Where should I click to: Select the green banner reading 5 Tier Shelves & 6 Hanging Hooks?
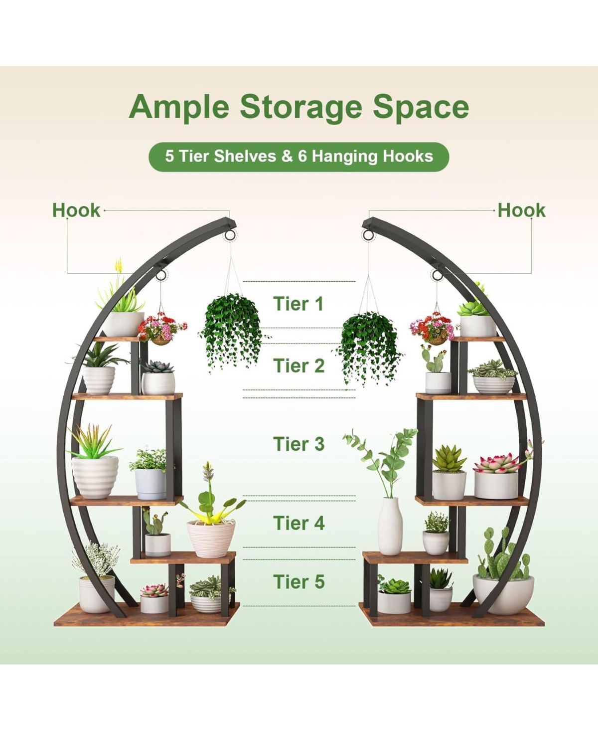point(299,157)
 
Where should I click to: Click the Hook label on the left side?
point(76,210)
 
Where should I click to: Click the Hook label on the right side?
point(521,210)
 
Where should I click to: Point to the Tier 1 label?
point(299,304)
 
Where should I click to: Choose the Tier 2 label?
point(299,365)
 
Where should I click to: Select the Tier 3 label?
point(299,444)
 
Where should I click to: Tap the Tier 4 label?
point(299,523)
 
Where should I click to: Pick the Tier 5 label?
point(299,581)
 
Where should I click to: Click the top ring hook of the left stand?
point(231,235)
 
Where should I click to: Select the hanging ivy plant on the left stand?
point(230,329)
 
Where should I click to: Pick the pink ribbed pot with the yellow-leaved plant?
point(211,538)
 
